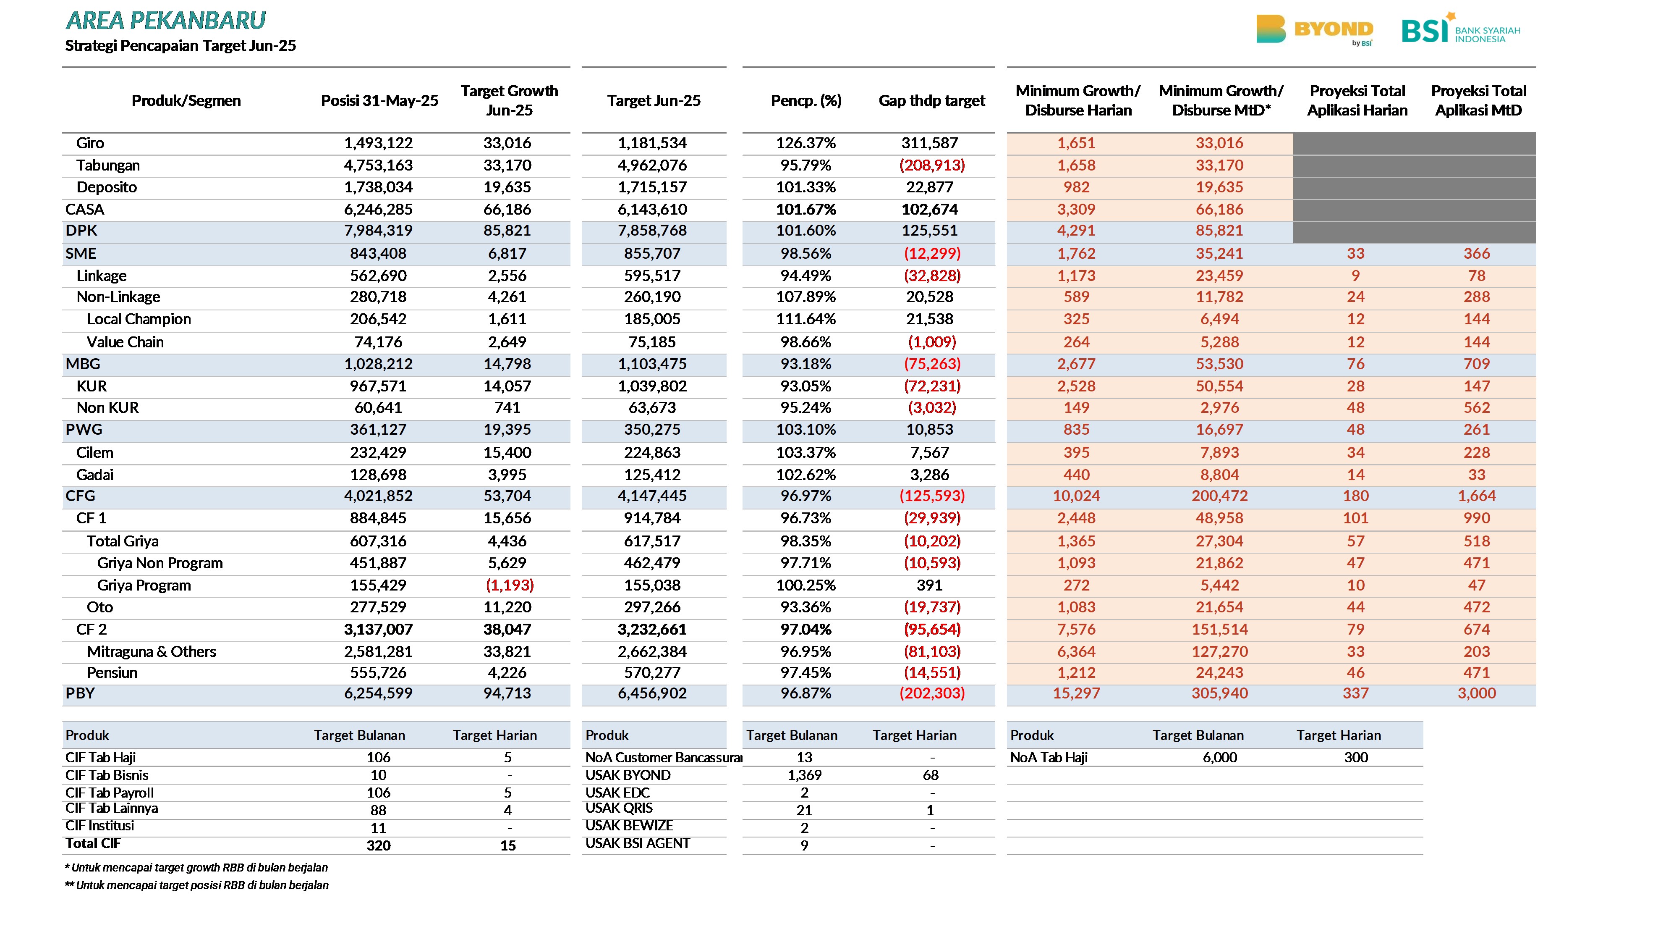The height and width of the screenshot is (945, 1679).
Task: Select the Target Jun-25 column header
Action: click(x=654, y=100)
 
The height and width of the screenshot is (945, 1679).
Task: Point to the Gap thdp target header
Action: click(x=931, y=100)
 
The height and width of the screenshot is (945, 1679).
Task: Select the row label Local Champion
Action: click(x=139, y=319)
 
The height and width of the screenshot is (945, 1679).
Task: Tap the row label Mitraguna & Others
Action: click(x=151, y=651)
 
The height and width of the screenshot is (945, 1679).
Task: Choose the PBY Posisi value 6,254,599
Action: click(x=378, y=693)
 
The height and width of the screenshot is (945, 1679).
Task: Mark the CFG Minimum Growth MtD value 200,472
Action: click(x=1219, y=496)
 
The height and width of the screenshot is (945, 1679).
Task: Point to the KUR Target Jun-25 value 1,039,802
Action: click(x=652, y=386)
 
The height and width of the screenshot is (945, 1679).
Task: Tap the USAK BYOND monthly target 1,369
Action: click(x=804, y=775)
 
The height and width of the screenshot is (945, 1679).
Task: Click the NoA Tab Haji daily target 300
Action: click(x=1356, y=757)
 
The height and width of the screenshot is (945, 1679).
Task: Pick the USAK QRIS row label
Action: click(x=619, y=808)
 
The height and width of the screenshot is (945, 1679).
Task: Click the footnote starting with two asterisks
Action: click(x=196, y=885)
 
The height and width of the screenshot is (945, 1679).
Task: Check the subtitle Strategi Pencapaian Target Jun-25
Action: click(x=180, y=46)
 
